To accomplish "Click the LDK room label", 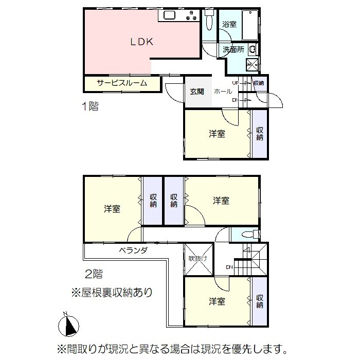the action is pyautogui.click(x=141, y=42).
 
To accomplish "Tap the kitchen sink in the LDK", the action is pyautogui.click(x=169, y=15).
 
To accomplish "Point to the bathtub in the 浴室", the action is pyautogui.click(x=250, y=25).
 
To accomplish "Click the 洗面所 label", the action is pyautogui.click(x=233, y=49).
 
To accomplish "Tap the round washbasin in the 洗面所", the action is pyautogui.click(x=253, y=49).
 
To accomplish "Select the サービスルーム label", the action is pyautogui.click(x=122, y=83).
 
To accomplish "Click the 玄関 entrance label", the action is pyautogui.click(x=197, y=92).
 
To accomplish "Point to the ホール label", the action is pyautogui.click(x=223, y=92).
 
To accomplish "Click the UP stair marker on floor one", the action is pyautogui.click(x=236, y=83).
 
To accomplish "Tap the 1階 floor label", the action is pyautogui.click(x=90, y=106).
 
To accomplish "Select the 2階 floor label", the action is pyautogui.click(x=94, y=274).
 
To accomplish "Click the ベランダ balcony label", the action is pyautogui.click(x=133, y=250).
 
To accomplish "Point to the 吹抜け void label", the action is pyautogui.click(x=198, y=259).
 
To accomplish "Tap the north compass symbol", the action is pyautogui.click(x=68, y=326).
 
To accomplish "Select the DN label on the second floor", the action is pyautogui.click(x=229, y=267).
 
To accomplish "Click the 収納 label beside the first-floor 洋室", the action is pyautogui.click(x=260, y=134).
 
